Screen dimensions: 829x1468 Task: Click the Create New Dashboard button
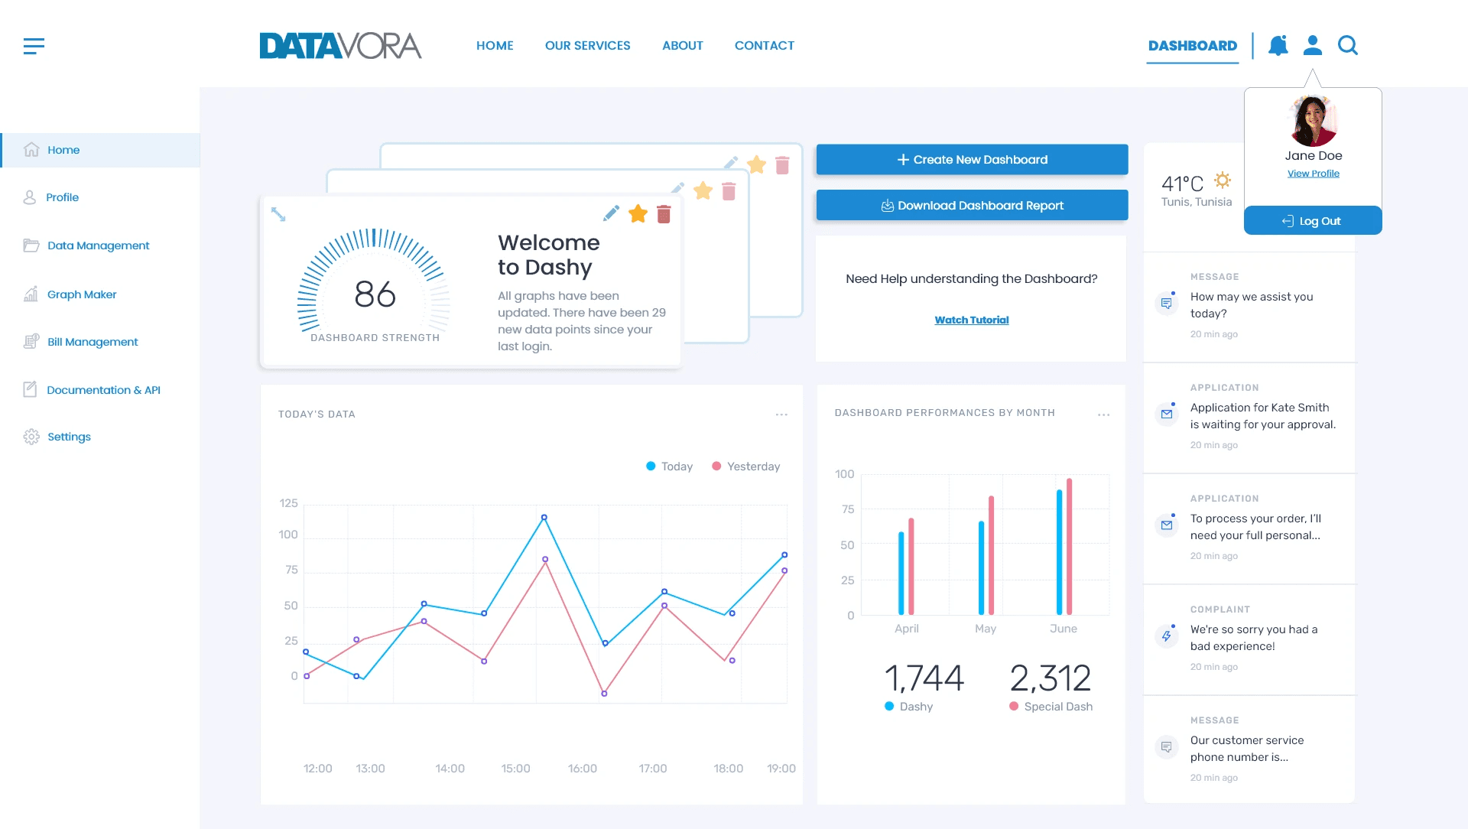(x=972, y=160)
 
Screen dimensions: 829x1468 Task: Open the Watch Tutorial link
(x=972, y=320)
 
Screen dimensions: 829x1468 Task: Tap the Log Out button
(x=1312, y=221)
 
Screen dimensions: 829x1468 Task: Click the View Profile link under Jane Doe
(x=1313, y=174)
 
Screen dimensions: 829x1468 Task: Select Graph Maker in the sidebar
(x=82, y=294)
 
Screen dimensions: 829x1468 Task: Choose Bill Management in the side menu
(x=93, y=342)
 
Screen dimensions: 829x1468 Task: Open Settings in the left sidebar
(x=69, y=437)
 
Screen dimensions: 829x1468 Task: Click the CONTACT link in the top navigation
(x=764, y=46)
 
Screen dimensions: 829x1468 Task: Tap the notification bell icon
(x=1278, y=46)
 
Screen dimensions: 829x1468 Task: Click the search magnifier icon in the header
(x=1347, y=46)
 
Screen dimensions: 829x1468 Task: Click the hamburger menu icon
(x=34, y=46)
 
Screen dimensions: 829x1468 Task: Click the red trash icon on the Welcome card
(x=664, y=215)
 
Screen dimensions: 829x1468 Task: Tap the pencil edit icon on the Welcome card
(x=611, y=214)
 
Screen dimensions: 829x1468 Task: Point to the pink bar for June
(x=1069, y=546)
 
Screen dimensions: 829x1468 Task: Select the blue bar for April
(x=901, y=573)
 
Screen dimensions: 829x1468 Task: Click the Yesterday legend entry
(x=745, y=467)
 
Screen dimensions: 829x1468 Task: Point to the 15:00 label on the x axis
(x=515, y=769)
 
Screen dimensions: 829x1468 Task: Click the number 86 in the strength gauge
(x=375, y=294)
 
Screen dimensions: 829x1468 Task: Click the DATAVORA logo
(x=340, y=46)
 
